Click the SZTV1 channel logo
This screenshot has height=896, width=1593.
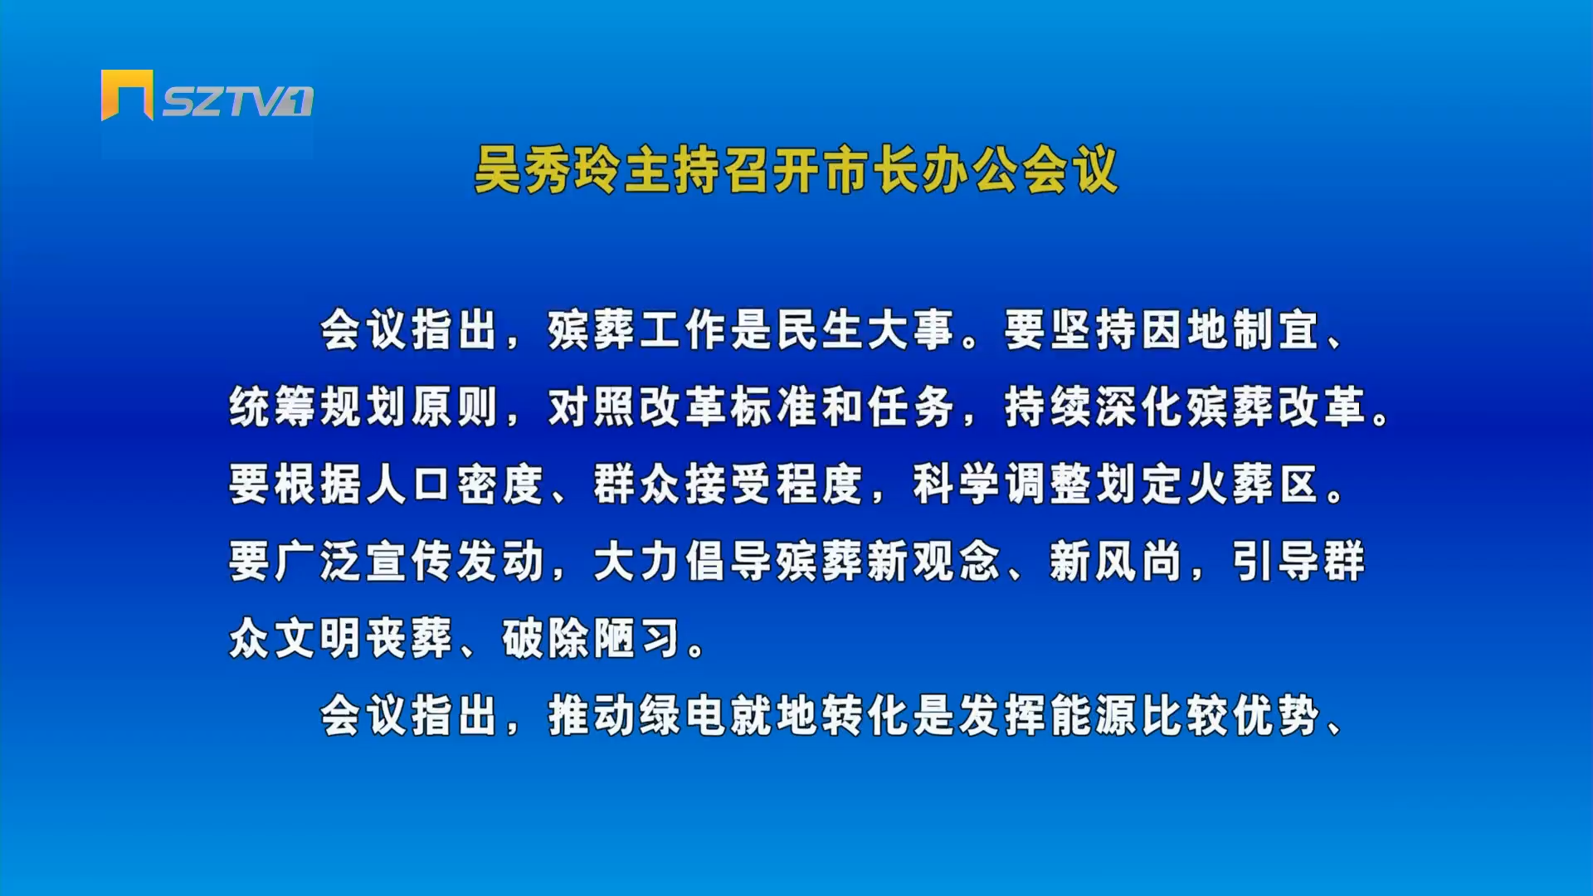207,95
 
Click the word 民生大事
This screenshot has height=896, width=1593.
865,330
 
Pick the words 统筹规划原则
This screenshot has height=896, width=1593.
363,407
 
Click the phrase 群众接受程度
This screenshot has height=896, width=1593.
728,485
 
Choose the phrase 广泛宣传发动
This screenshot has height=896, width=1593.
409,562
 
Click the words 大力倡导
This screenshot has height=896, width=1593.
683,562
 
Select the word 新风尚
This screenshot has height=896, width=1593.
1116,562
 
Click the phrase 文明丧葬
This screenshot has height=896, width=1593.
363,639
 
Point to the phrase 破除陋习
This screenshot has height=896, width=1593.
592,639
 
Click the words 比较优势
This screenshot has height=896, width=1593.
1230,716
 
